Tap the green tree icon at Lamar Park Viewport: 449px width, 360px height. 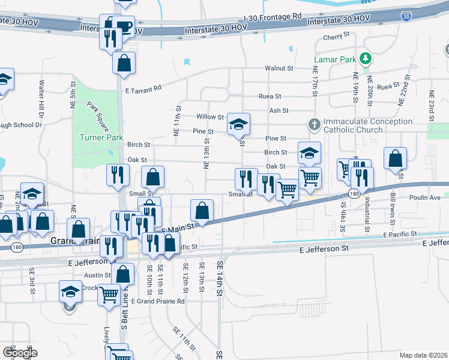click(364, 59)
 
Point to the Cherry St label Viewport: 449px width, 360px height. click(332, 37)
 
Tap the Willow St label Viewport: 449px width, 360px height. click(210, 117)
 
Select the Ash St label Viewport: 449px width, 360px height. click(279, 110)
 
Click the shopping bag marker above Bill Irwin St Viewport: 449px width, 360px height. click(396, 159)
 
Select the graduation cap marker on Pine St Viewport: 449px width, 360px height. click(238, 125)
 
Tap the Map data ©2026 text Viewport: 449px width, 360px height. click(424, 355)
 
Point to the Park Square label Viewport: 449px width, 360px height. click(97, 116)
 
